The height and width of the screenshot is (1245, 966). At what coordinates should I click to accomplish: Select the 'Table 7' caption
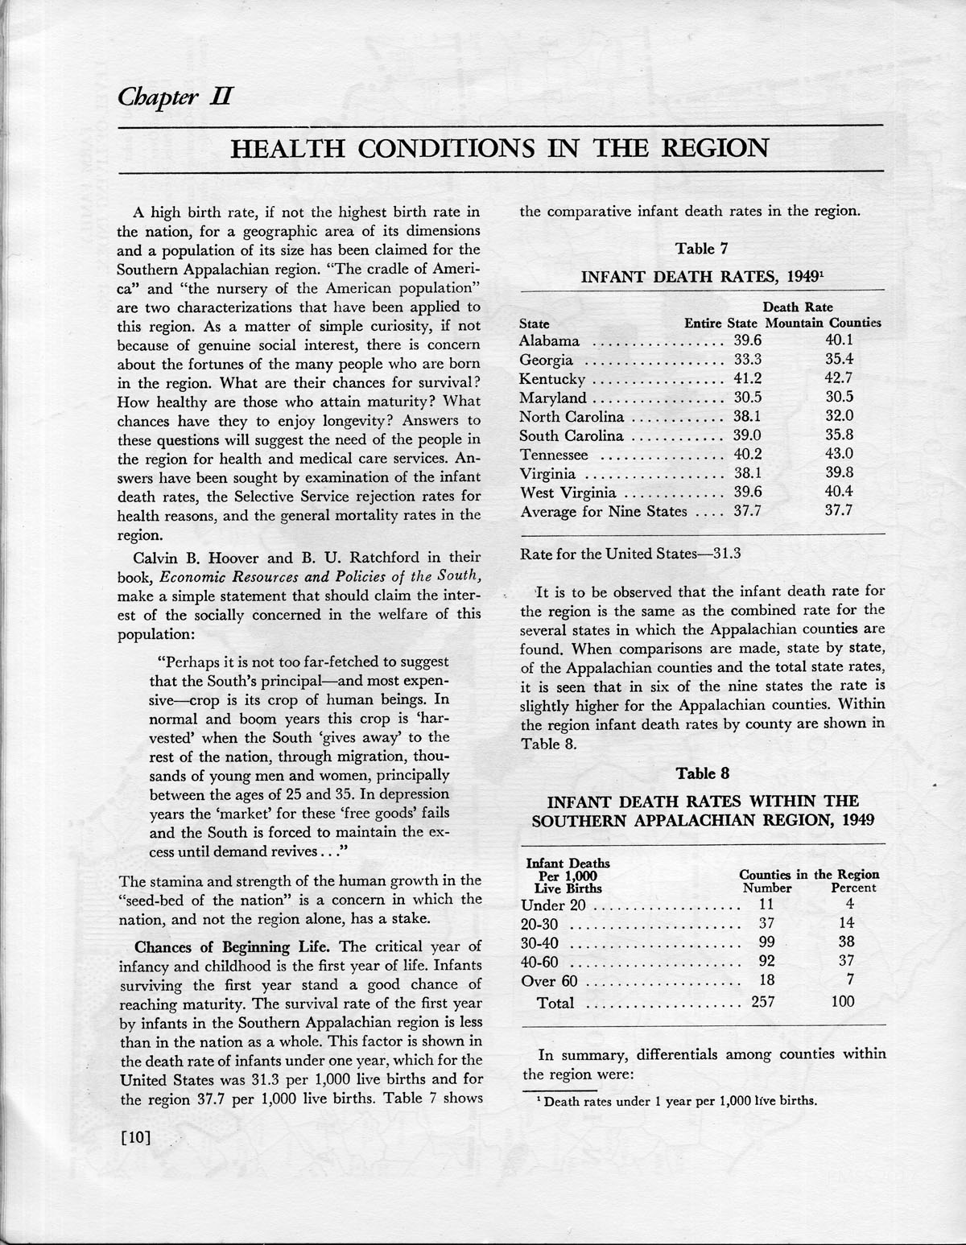[x=702, y=249]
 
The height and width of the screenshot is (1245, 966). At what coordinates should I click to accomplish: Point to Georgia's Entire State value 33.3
[x=747, y=360]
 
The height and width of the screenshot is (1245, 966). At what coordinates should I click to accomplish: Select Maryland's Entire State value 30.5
[x=747, y=398]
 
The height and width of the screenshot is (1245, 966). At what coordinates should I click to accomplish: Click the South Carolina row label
[x=572, y=435]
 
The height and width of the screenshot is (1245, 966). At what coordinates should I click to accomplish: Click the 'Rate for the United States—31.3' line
[x=630, y=554]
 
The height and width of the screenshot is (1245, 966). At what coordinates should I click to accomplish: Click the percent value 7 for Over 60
[x=850, y=979]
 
